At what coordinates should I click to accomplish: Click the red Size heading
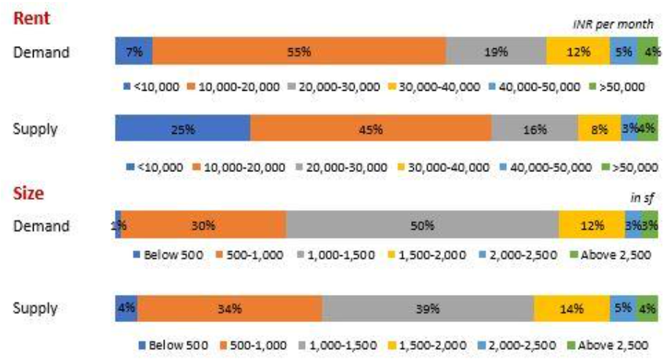(29, 194)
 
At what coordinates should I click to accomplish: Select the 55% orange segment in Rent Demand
(299, 52)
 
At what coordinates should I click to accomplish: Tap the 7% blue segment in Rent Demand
(134, 52)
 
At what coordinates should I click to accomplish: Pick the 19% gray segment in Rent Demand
(496, 52)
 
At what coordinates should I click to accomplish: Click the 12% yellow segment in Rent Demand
(578, 52)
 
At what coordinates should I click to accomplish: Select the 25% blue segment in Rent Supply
(183, 130)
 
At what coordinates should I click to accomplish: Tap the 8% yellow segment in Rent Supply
(599, 130)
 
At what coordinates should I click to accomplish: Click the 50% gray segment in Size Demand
(422, 225)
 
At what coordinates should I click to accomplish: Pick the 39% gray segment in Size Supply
(428, 309)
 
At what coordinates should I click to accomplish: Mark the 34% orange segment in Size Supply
(230, 309)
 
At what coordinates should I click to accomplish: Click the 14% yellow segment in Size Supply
(572, 309)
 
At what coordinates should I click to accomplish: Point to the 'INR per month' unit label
(612, 25)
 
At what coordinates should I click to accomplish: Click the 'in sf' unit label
(641, 198)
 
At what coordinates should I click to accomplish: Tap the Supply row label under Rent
(35, 130)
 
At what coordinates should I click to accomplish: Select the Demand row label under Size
(41, 225)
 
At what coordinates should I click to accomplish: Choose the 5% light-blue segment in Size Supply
(623, 309)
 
